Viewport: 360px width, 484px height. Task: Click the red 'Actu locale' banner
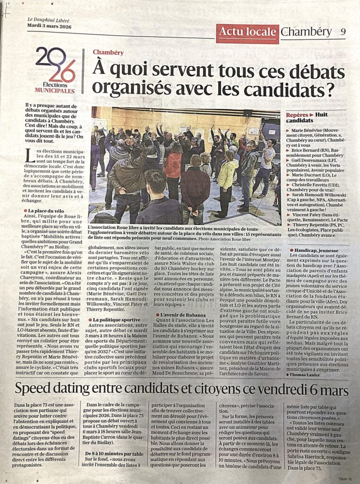tap(247, 32)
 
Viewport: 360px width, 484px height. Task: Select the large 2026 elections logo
tap(55, 64)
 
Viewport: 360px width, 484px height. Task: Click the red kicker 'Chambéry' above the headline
tap(108, 52)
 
